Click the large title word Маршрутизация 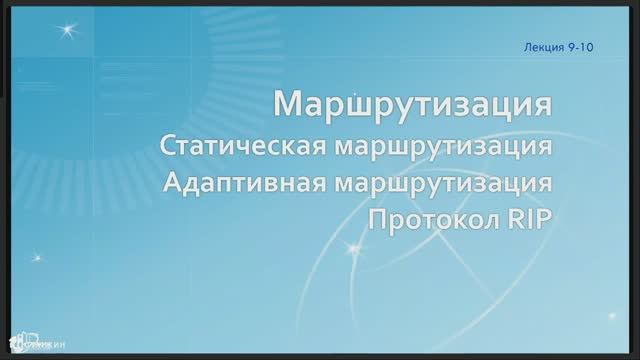pos(413,104)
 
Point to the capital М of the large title pos(288,104)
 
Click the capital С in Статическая pos(167,147)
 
